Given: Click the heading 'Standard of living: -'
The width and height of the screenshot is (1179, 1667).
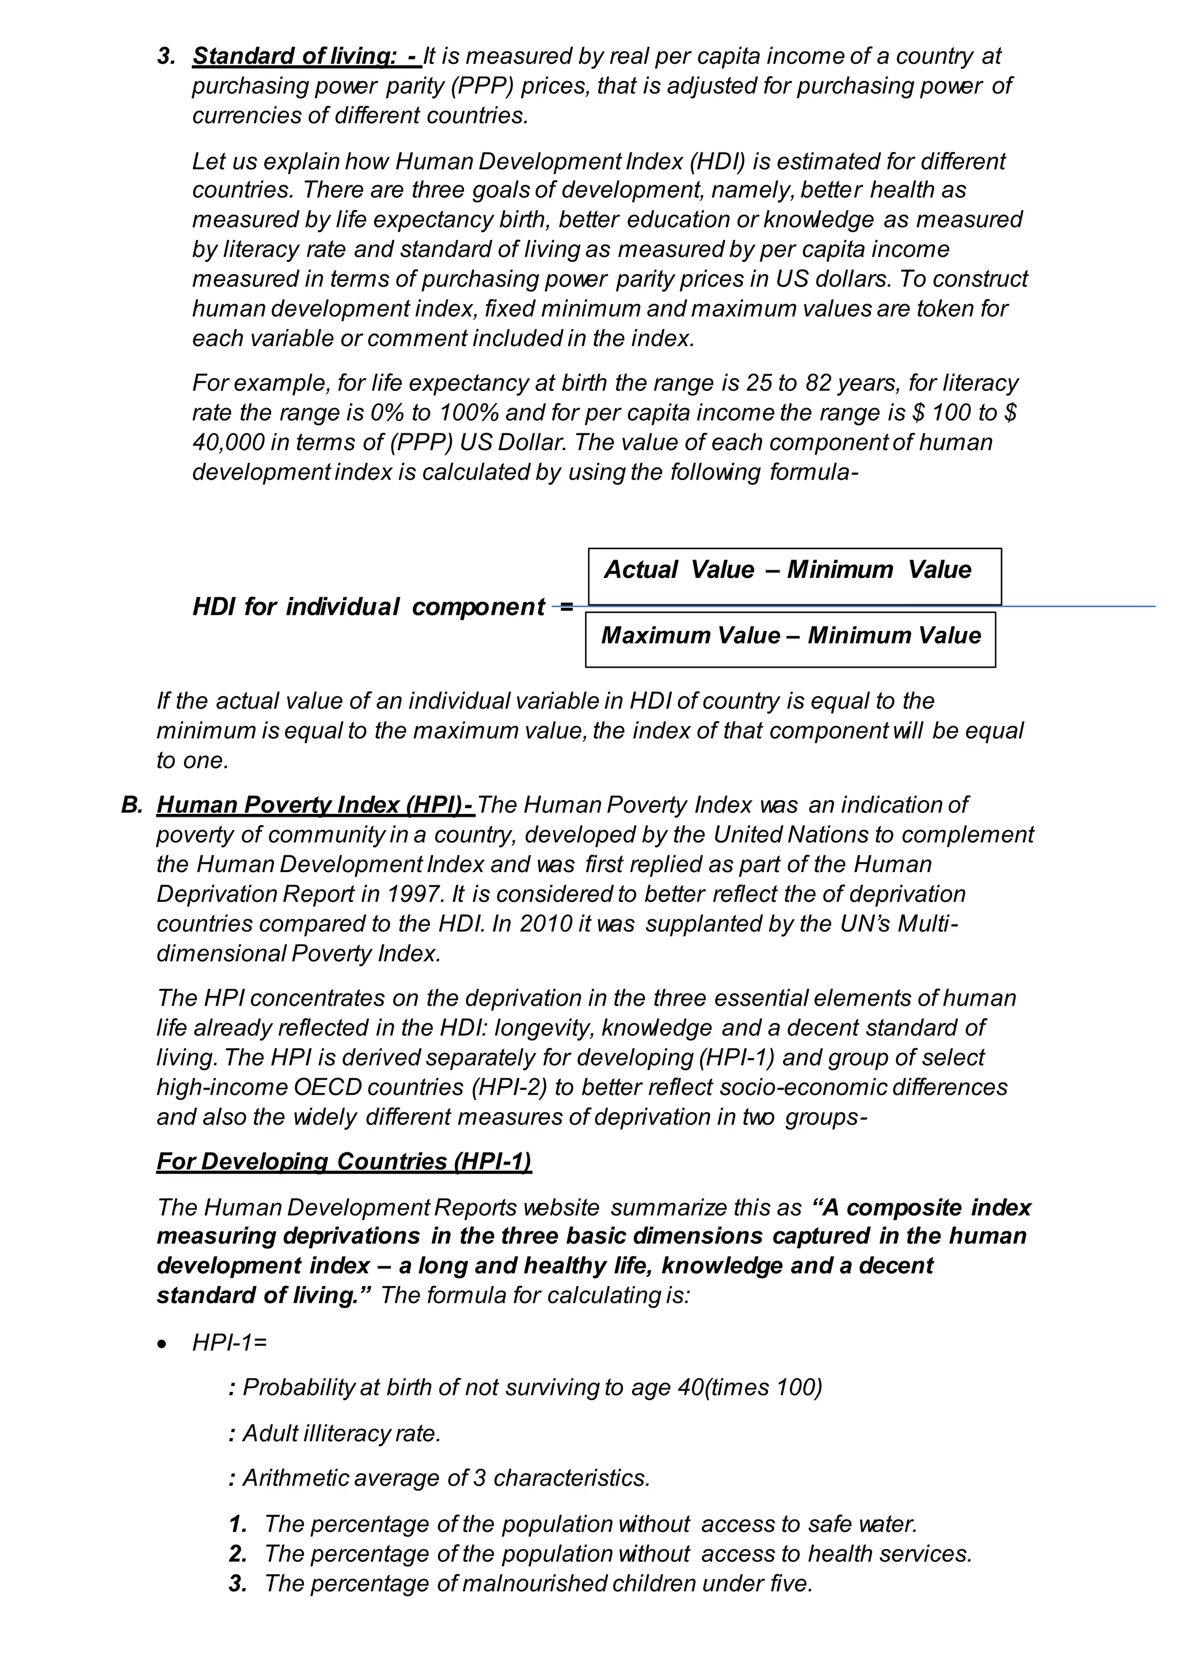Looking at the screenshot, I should (x=305, y=56).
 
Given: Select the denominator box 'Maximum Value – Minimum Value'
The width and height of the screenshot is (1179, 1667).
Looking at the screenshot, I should (x=790, y=639).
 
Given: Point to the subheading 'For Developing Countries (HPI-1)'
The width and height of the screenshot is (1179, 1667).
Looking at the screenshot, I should (x=344, y=1161).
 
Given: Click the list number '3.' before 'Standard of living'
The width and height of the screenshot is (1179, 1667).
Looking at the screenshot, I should (x=166, y=56).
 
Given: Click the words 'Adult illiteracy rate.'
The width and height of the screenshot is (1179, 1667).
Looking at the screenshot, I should (x=341, y=1433).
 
